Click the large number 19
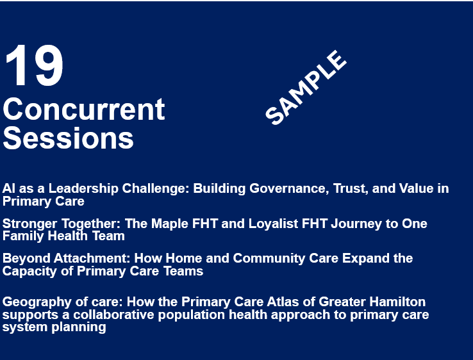coord(34,65)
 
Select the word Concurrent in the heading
coord(84,109)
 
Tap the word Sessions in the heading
coord(68,138)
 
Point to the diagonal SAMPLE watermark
coord(306,87)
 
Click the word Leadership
coord(83,189)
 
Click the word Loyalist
coord(273,224)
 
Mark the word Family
coord(23,236)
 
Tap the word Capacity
coord(29,272)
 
